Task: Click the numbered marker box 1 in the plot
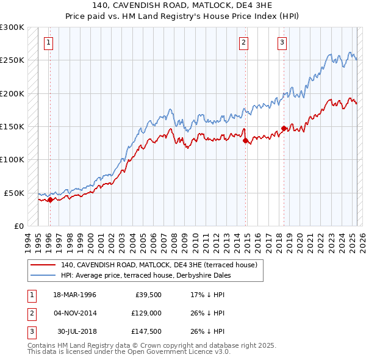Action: coord(48,42)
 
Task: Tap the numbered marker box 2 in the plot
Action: coord(243,42)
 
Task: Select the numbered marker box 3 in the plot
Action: coord(282,42)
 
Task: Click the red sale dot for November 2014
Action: coord(245,140)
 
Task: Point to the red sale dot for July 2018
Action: coord(284,128)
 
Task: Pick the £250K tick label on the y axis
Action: coord(12,60)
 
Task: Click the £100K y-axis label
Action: coord(12,159)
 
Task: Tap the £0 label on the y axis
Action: coord(18,226)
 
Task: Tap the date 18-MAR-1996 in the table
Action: coord(74,295)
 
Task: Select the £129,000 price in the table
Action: coord(146,313)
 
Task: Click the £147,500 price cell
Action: coord(146,331)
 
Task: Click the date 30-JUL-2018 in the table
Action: coord(76,331)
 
